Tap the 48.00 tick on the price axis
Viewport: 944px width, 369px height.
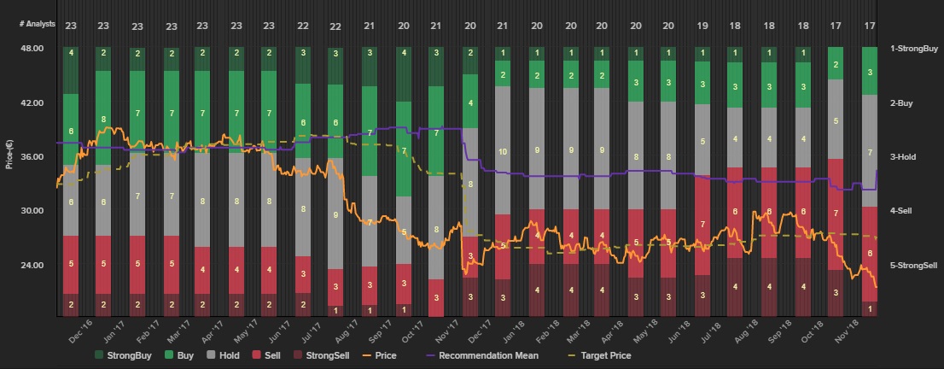32,49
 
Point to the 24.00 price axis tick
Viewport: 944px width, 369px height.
32,265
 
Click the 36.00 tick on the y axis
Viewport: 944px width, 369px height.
32,157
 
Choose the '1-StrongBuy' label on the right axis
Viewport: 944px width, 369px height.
913,49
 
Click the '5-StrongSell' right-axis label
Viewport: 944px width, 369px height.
915,265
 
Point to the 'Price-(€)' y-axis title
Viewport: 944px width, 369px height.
9,153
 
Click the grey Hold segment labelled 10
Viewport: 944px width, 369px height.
503,150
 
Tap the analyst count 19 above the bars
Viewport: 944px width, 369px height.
702,26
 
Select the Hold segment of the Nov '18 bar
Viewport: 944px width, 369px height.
869,151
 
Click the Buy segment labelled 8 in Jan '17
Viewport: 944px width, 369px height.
103,119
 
